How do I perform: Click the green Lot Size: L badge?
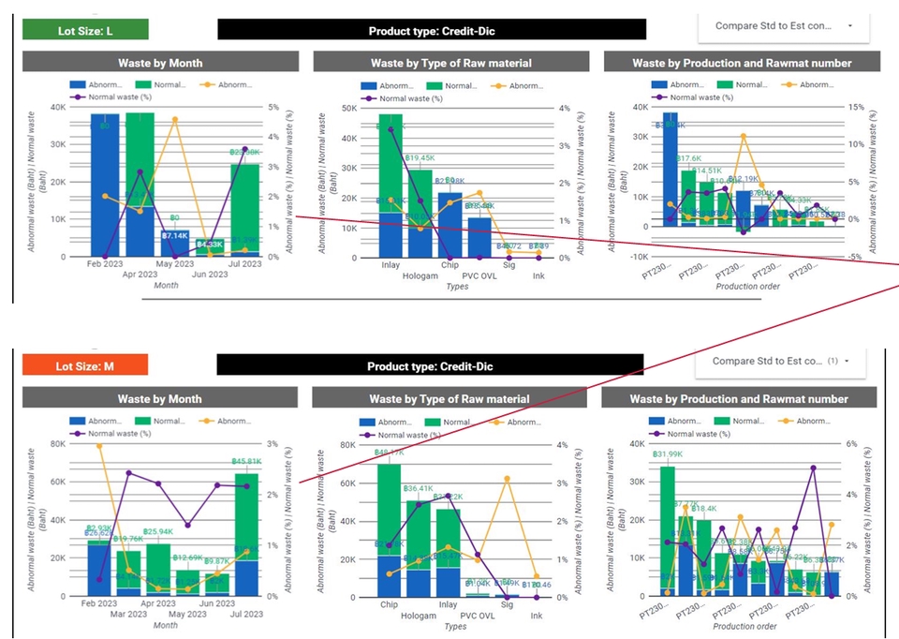(84, 30)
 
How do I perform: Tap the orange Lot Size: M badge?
(84, 365)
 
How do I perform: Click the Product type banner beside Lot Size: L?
(432, 30)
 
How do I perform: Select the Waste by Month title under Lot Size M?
(160, 398)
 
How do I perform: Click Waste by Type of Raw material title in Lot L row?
(450, 63)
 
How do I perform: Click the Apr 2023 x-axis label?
(141, 275)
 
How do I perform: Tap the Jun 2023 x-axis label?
(209, 275)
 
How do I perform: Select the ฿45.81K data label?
(248, 462)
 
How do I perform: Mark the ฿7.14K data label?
(175, 236)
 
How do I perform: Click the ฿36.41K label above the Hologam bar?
(420, 488)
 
